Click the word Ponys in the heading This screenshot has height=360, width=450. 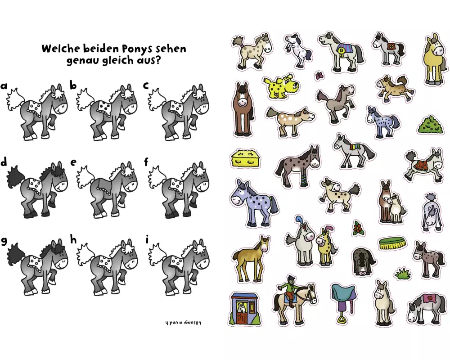point(137,49)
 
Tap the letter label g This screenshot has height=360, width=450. point(4,241)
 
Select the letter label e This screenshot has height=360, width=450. point(73,162)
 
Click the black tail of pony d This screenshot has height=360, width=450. point(14,175)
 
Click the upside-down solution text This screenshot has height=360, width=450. point(183,323)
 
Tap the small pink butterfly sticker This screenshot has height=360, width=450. point(319,76)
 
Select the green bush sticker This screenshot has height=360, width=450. point(430,124)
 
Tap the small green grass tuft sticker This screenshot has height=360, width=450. point(402,273)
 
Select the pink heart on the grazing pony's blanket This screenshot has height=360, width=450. point(430,298)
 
